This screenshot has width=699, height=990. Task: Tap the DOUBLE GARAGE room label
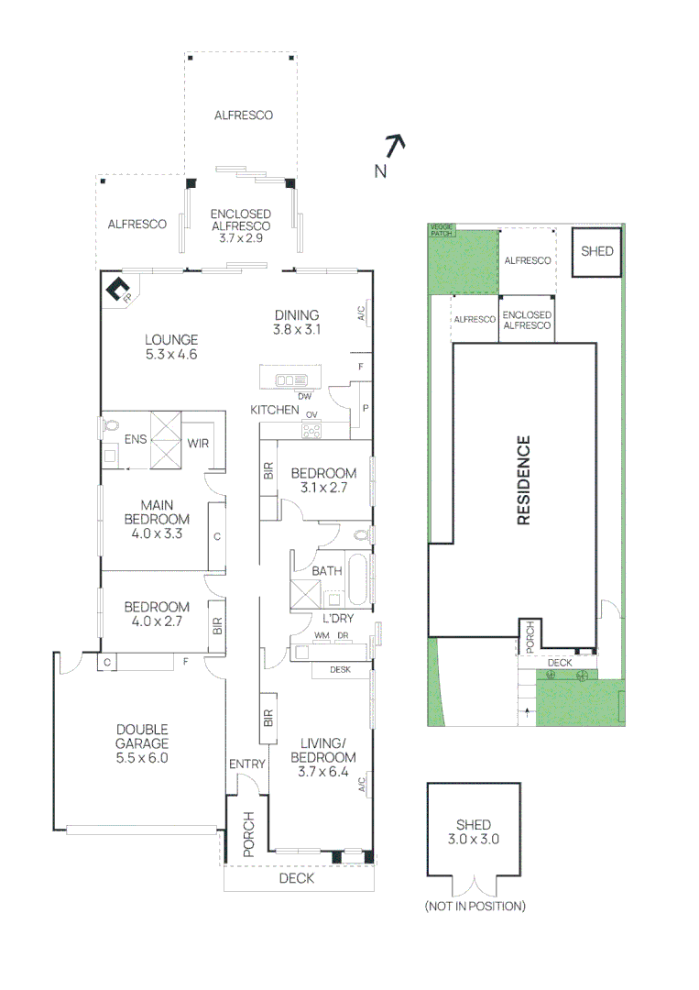142,743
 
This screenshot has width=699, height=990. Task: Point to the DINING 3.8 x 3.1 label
295,322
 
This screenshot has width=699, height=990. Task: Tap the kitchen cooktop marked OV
311,429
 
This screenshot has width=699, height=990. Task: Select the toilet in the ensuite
111,425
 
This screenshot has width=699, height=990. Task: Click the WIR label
198,444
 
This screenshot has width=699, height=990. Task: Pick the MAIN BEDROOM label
163,519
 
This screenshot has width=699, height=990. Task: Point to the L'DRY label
331,619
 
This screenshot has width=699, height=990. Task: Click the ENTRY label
246,764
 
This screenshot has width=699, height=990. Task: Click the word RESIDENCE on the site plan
524,481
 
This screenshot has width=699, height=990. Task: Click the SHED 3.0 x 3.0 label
474,831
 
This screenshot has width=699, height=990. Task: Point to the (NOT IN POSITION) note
475,907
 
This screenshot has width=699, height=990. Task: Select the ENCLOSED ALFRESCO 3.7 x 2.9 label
241,225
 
